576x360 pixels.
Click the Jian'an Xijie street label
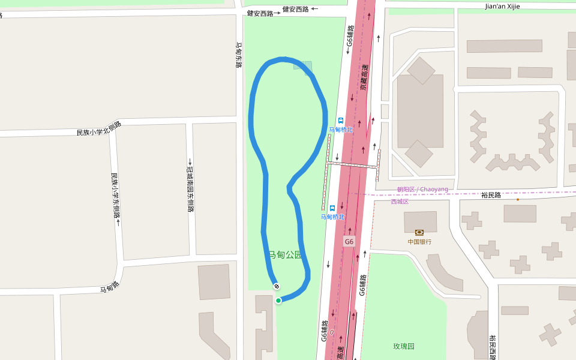(502, 6)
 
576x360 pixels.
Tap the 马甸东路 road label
(238, 55)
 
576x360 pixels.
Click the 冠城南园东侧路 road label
(190, 185)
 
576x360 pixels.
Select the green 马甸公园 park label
(284, 255)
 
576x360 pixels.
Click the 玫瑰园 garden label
(404, 346)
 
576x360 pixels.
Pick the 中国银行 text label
(419, 242)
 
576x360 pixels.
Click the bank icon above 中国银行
(419, 232)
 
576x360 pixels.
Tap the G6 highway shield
(349, 241)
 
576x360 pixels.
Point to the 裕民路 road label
(491, 195)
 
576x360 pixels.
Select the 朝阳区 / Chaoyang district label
(422, 190)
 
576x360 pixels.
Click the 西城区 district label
(400, 201)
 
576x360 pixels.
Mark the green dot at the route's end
(278, 300)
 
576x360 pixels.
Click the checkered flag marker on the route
(277, 286)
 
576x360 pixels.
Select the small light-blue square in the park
(303, 65)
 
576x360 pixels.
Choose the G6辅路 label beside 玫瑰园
(362, 286)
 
